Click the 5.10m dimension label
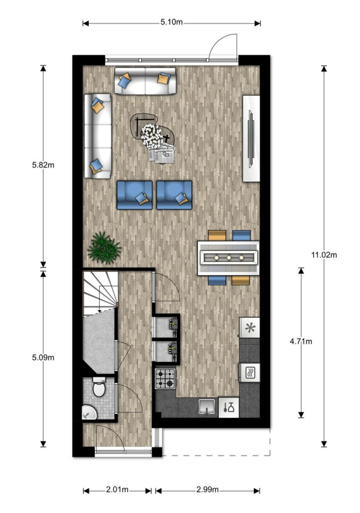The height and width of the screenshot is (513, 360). [172, 22]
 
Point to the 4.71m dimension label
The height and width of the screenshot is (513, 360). [301, 341]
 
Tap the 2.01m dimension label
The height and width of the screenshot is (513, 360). [117, 490]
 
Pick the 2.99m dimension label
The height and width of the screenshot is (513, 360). [207, 490]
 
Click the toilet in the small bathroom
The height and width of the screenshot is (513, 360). [99, 389]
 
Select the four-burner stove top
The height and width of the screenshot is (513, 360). [166, 379]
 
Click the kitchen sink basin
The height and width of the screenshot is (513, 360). [207, 406]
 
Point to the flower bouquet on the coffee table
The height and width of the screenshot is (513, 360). [150, 134]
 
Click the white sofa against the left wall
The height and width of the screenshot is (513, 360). [97, 136]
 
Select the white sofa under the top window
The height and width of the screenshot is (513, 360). [145, 81]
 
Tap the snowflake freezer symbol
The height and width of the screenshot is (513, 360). [250, 328]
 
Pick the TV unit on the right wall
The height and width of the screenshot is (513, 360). [251, 138]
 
